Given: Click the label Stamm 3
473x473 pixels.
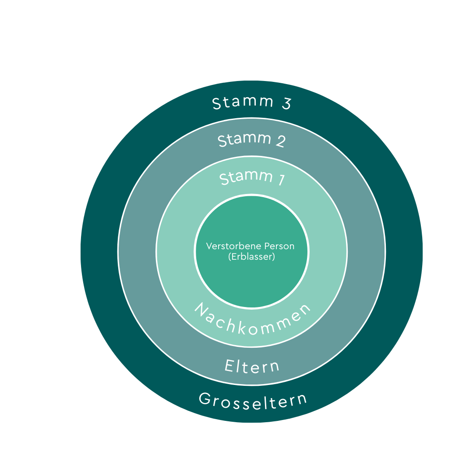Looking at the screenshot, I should point(252,103).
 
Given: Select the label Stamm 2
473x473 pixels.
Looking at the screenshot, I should point(252,140).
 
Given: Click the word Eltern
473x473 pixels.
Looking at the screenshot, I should point(252,366).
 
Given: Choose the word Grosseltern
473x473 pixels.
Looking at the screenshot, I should point(253,400).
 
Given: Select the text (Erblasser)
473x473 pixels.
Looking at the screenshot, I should point(251,257).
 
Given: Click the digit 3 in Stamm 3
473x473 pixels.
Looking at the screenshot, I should point(286,104).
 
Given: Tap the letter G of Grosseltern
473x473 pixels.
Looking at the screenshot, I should point(205,398).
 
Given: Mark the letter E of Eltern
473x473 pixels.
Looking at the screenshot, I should point(229,365).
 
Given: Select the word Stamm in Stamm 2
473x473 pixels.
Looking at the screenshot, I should point(244,140).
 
